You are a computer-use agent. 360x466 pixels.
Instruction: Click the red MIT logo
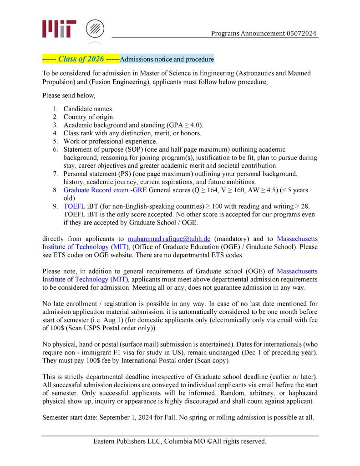pyautogui.click(x=59, y=28)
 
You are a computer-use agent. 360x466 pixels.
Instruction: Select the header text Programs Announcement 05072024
pyautogui.click(x=264, y=33)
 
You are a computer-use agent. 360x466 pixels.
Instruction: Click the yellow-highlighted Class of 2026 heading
pyautogui.click(x=81, y=59)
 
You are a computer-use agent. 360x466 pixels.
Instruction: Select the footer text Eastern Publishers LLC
pyautogui.click(x=127, y=441)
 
